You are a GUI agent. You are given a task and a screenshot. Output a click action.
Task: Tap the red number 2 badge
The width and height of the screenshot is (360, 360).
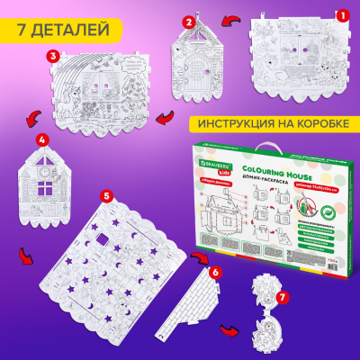[189, 20]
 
